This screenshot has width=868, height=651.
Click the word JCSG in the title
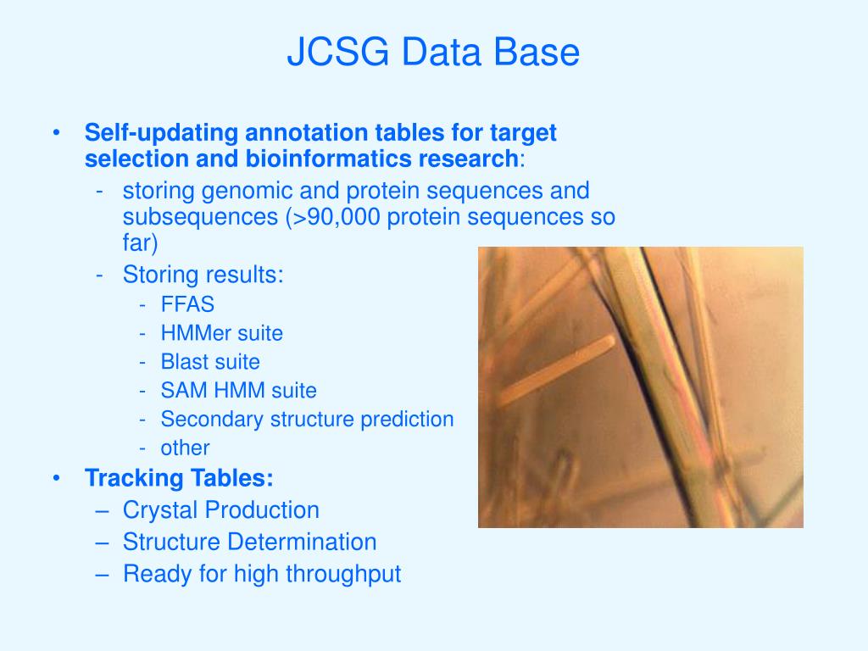click(338, 52)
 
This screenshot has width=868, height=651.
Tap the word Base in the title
click(536, 52)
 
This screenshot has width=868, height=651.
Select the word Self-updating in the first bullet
click(161, 133)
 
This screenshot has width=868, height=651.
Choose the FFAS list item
click(187, 304)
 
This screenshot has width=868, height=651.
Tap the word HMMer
click(196, 333)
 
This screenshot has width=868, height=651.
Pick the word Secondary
click(212, 420)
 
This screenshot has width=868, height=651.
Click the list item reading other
click(185, 448)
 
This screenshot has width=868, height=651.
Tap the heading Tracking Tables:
click(179, 478)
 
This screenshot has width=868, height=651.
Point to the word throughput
click(343, 575)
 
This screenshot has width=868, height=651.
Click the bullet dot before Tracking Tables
click(56, 477)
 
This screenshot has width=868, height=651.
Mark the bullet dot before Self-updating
click(56, 132)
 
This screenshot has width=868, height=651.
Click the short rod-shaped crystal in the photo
click(556, 371)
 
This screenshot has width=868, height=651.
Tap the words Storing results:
click(203, 275)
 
